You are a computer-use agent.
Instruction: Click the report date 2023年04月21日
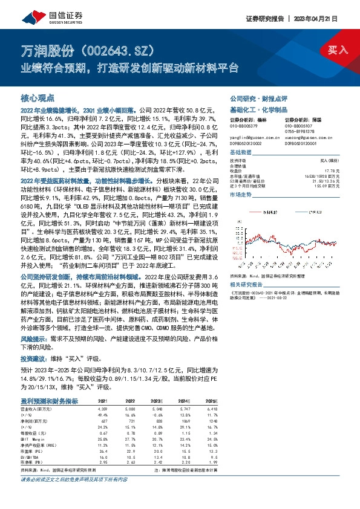pyautogui.click(x=324, y=18)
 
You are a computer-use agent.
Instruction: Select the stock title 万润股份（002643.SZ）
pyautogui.click(x=91, y=49)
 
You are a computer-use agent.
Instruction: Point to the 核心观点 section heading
pyautogui.click(x=38, y=97)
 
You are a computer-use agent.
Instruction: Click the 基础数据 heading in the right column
pyautogui.click(x=241, y=153)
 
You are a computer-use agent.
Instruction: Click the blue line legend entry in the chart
pyautogui.click(x=309, y=212)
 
